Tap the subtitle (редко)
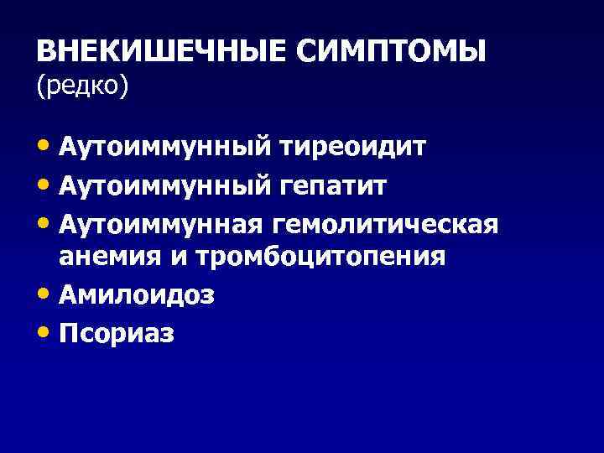click(83, 86)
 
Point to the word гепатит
click(332, 186)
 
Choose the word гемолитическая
click(384, 225)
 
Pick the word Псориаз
click(117, 333)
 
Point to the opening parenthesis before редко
click(39, 86)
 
